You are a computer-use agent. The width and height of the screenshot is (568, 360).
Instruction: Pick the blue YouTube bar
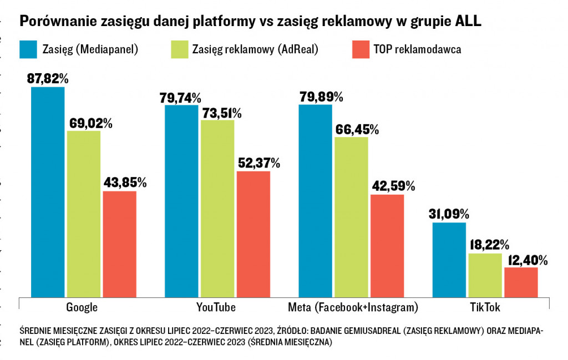click(x=181, y=200)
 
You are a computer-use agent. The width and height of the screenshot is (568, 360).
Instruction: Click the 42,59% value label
click(x=392, y=186)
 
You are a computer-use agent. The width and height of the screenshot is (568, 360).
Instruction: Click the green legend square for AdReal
click(x=178, y=49)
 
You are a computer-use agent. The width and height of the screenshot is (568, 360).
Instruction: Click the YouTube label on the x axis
click(x=216, y=307)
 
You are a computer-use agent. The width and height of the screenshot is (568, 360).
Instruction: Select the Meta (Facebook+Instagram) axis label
click(x=353, y=307)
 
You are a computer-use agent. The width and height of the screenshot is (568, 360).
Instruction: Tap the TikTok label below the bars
click(x=485, y=307)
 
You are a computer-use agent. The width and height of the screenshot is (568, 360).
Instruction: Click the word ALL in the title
click(x=468, y=22)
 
